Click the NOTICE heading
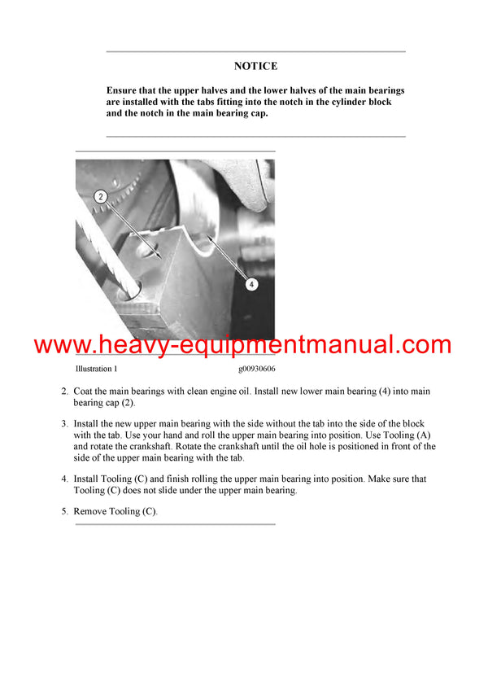pos(255,66)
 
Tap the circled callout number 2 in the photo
pos(100,196)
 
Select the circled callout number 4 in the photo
pos(251,284)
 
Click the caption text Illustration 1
pos(96,369)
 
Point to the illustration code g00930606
pos(257,369)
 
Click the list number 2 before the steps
pos(64,391)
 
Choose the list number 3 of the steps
pos(64,424)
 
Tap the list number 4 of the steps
pos(64,479)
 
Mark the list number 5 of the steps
pos(64,511)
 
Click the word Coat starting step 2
pos(85,391)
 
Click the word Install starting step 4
pos(87,479)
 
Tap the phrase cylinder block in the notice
pos(363,102)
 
